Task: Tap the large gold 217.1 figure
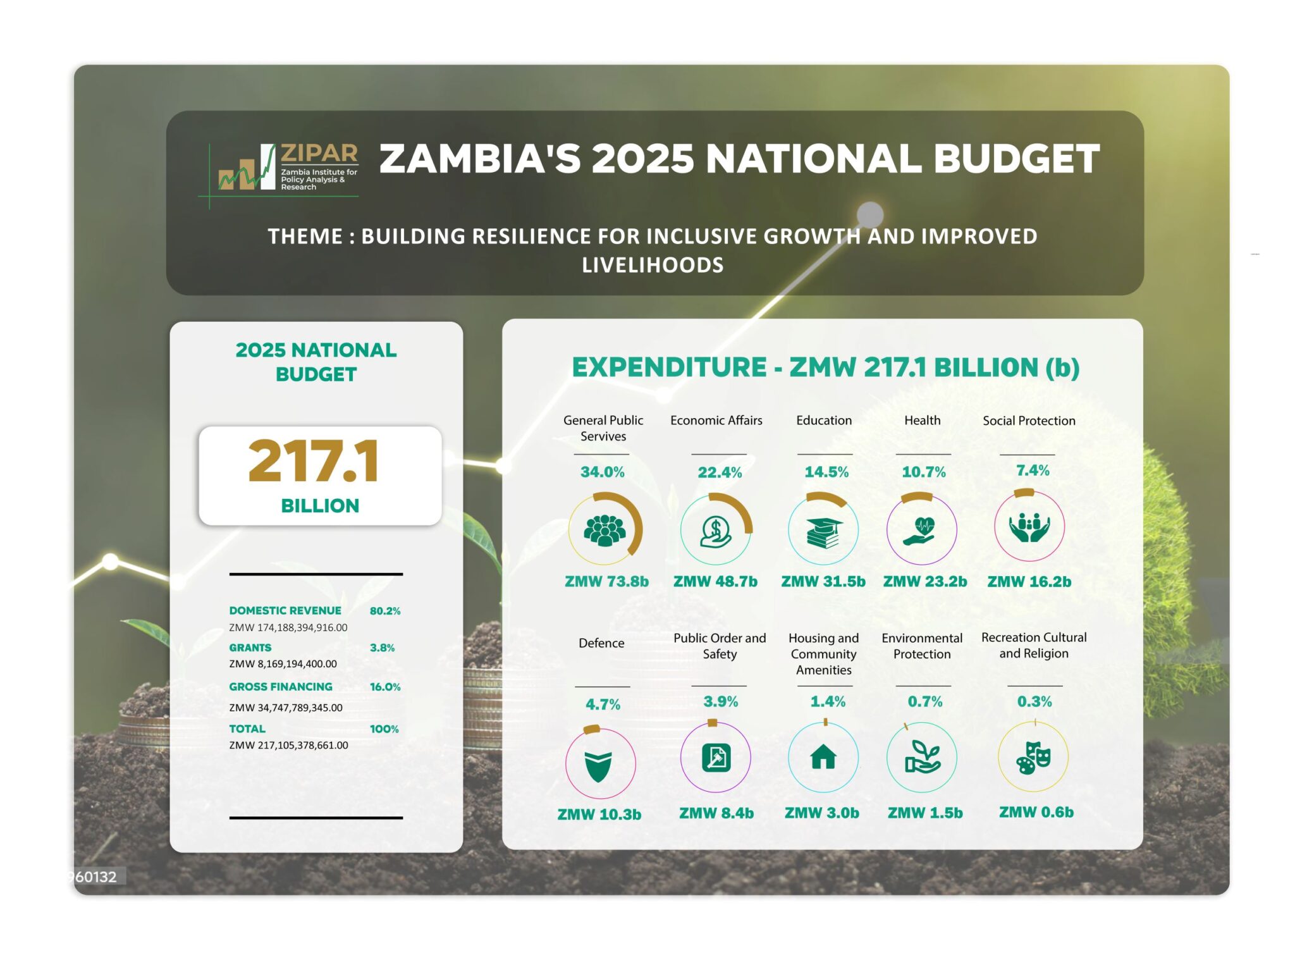314,462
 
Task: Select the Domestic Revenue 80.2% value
384,611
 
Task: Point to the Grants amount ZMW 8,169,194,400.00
283,664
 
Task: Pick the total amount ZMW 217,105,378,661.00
288,746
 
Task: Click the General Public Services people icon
605,530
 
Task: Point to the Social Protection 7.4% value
1033,471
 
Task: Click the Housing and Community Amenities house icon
823,758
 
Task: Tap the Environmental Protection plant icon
922,758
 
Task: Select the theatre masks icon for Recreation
1033,758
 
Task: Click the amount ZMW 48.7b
715,582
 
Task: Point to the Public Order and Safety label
720,646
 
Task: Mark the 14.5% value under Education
826,472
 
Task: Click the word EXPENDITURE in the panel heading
669,367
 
